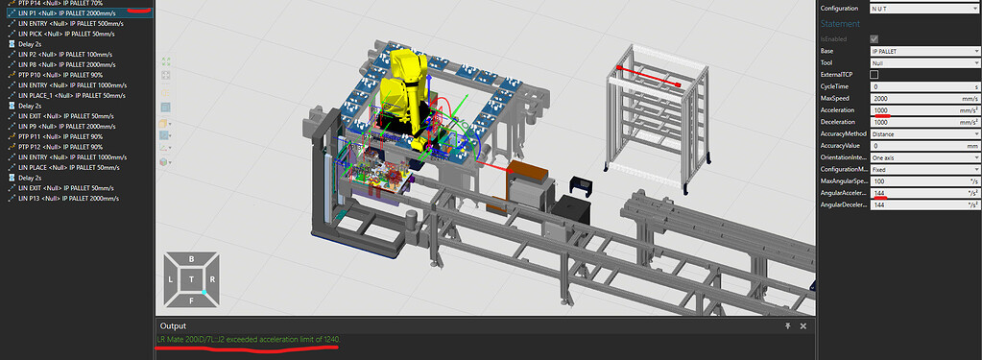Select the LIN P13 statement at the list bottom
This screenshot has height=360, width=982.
pyautogui.click(x=67, y=198)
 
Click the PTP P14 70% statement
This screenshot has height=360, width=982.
pyautogui.click(x=62, y=3)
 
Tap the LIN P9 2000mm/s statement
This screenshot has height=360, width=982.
pyautogui.click(x=67, y=126)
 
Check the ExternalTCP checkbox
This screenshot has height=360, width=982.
pyautogui.click(x=874, y=74)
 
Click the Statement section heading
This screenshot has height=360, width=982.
pyautogui.click(x=841, y=22)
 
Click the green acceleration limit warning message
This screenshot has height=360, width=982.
pyautogui.click(x=248, y=340)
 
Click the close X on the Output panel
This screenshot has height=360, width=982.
pyautogui.click(x=802, y=325)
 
